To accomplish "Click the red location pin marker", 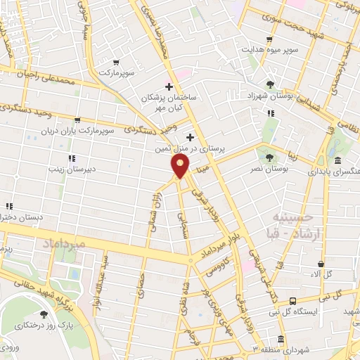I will (x=181, y=167).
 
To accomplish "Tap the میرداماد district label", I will (x=64, y=244).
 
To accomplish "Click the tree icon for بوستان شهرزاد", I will (x=270, y=84).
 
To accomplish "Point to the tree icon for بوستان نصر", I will (x=269, y=157).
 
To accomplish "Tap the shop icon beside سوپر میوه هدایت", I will (x=270, y=39).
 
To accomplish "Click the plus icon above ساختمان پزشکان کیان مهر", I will (x=169, y=86).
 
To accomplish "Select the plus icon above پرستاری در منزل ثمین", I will (x=190, y=137).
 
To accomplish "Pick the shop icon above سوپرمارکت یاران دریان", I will (x=77, y=120).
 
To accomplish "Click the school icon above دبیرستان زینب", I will (x=71, y=158).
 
